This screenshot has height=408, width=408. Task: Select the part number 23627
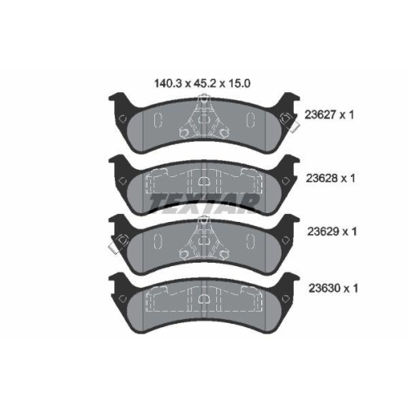[321, 117]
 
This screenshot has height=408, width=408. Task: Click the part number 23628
[321, 175]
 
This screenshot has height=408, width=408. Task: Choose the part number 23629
[321, 232]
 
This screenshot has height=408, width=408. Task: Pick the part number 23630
[321, 288]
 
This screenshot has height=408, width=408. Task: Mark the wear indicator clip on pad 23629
[116, 242]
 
